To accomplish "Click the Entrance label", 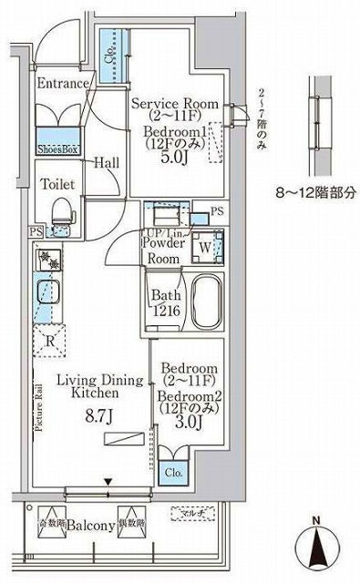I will (x=62, y=84).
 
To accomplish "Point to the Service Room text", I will (x=175, y=104).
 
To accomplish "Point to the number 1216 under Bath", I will (x=164, y=312).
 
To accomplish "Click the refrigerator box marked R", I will (x=48, y=341).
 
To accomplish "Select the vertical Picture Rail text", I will (x=37, y=410).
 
